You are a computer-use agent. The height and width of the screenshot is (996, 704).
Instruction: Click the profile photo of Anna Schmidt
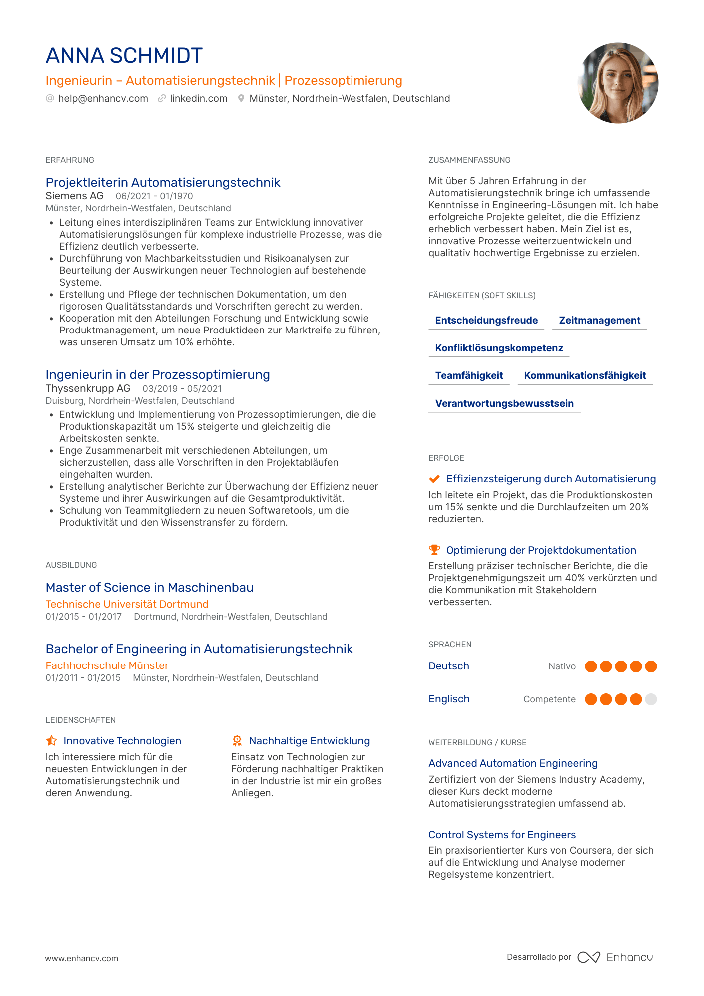tap(618, 83)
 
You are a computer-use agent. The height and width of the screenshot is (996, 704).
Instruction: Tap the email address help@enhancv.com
tap(103, 99)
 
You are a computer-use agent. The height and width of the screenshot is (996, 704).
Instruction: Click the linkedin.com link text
tap(198, 99)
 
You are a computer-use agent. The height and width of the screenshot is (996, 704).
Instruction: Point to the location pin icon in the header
tap(241, 99)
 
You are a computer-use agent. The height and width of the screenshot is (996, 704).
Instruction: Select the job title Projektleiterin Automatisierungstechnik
tap(163, 183)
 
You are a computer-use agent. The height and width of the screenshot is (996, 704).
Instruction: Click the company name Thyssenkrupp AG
tap(88, 388)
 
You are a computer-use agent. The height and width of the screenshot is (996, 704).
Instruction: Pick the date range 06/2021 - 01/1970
tap(154, 196)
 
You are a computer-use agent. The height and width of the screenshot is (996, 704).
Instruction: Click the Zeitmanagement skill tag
tap(599, 321)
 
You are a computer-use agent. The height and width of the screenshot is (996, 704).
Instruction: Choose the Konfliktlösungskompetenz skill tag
tap(499, 348)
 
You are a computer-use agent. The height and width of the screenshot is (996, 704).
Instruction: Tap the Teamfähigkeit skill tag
tap(469, 376)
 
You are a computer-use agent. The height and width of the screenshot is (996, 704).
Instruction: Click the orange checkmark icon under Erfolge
tap(434, 479)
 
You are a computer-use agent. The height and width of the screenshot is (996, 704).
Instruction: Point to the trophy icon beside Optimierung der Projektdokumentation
tap(434, 550)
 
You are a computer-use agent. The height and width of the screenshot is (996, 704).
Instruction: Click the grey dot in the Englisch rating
tap(651, 699)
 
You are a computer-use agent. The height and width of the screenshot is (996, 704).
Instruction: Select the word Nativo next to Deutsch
tap(562, 666)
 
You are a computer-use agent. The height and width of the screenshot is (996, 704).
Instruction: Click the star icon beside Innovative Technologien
tap(51, 741)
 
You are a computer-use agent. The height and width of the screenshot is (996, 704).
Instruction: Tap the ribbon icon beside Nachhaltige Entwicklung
tap(237, 741)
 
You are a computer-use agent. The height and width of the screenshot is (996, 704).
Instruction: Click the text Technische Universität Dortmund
tap(127, 604)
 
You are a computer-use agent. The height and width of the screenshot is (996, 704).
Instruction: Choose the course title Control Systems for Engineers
tap(502, 835)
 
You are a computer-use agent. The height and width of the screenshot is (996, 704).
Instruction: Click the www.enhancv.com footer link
tap(82, 958)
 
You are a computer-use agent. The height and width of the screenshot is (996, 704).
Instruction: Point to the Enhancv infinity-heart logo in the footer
tap(589, 957)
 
